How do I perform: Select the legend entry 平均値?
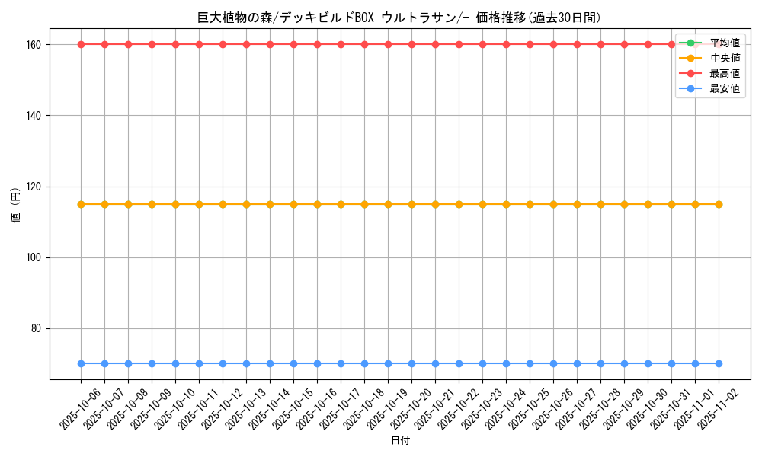[x=725, y=43]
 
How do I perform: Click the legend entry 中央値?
[x=725, y=58]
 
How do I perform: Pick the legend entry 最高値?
[x=725, y=73]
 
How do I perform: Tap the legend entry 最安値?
[x=725, y=88]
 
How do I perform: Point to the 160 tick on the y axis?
[x=35, y=44]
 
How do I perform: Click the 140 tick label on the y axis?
[x=35, y=115]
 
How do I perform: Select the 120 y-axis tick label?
[x=35, y=187]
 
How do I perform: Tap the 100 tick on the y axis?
[x=35, y=257]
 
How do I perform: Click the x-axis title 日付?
[x=400, y=441]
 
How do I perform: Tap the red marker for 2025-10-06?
[x=81, y=44]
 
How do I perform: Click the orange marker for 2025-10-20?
[x=411, y=204]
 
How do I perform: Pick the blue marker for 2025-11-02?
[x=719, y=363]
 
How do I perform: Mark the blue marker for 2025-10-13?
[x=246, y=363]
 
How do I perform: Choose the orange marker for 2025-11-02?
[x=719, y=204]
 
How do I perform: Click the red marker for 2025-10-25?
[x=530, y=44]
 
